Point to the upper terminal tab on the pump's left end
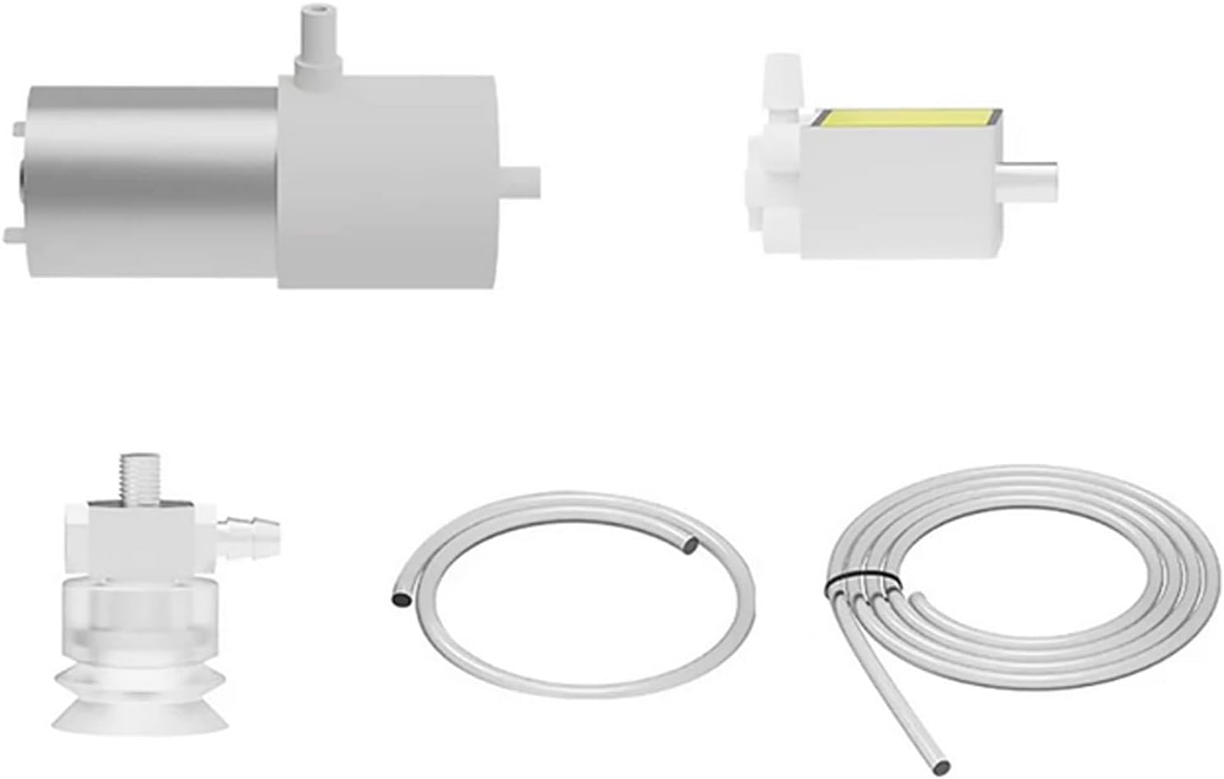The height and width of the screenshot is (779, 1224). point(18,128)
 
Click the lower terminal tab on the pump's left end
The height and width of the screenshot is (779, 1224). point(13,236)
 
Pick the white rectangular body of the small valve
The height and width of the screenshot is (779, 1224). point(897,193)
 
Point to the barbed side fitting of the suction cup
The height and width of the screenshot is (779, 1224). point(251,524)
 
